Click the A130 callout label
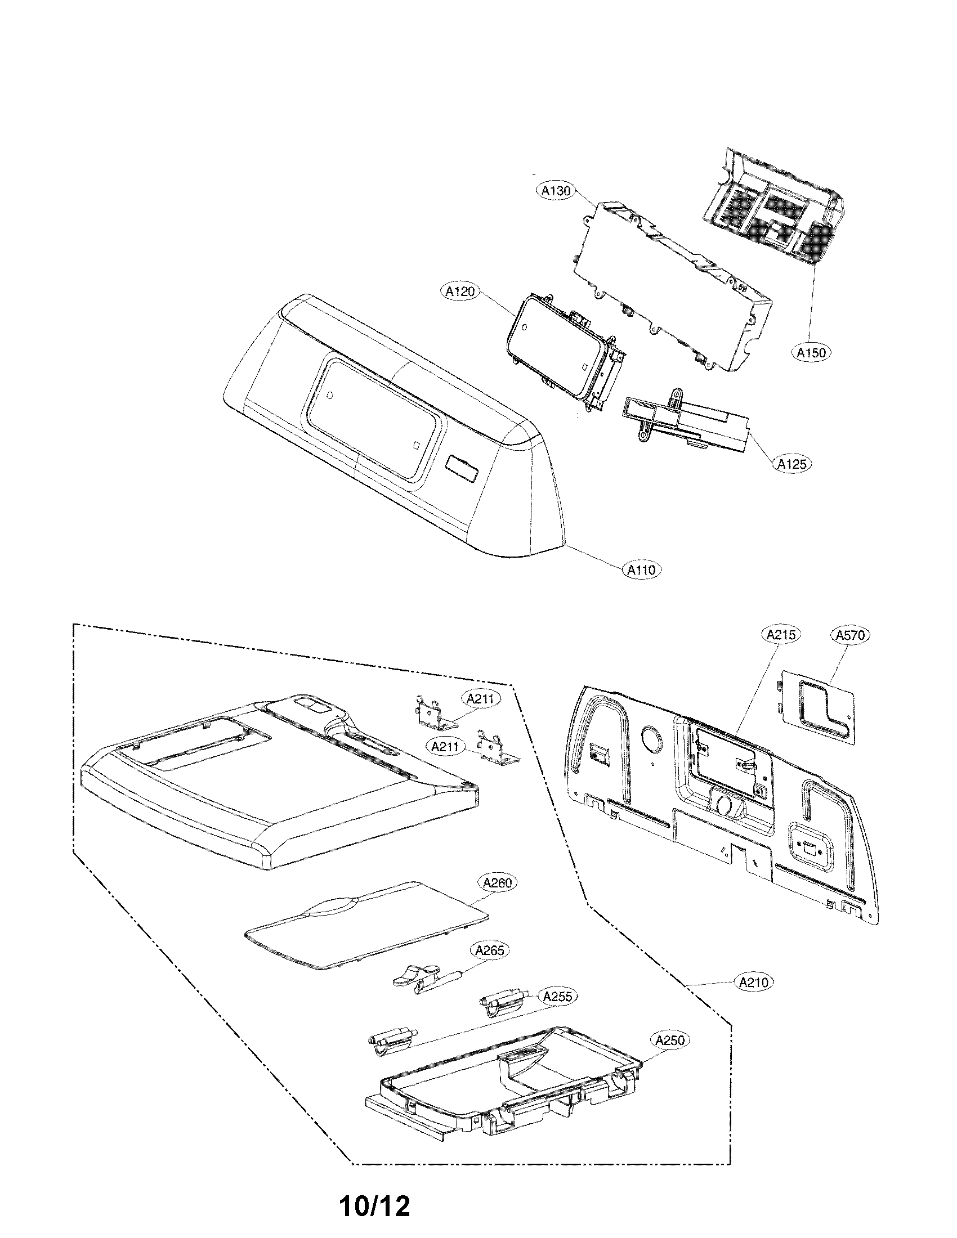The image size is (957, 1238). (556, 191)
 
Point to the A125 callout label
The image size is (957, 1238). (792, 464)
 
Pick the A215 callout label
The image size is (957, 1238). (781, 635)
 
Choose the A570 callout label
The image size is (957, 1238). (851, 635)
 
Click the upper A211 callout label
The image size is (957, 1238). (481, 699)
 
